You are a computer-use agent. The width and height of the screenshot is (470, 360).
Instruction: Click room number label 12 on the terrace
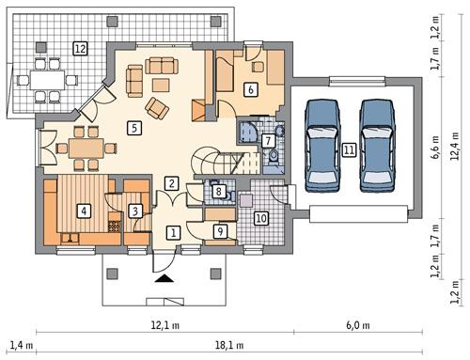[81, 47]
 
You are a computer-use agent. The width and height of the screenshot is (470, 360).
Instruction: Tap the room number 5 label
[135, 127]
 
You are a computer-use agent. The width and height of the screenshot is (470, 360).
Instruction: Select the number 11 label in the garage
[349, 149]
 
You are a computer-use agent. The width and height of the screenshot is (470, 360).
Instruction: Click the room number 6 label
[250, 90]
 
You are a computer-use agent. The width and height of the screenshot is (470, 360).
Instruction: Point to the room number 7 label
[269, 141]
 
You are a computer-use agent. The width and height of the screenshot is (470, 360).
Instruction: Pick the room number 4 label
[85, 211]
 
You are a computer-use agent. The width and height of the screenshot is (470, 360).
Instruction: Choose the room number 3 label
[135, 211]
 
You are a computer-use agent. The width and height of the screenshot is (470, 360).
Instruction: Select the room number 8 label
[219, 192]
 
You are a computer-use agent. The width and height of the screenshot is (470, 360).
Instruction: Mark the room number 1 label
[172, 230]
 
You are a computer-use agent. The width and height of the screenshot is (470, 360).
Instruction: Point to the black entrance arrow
[164, 277]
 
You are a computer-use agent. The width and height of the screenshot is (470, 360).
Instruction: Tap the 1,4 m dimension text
[17, 346]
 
